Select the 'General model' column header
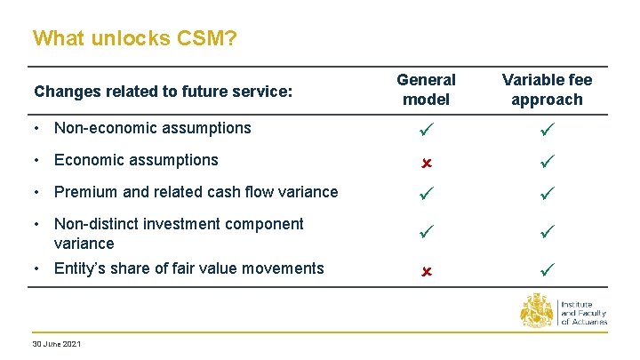coord(426,90)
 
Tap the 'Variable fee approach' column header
coord(547,90)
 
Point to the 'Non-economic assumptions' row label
coord(152,128)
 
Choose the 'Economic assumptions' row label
coord(135,160)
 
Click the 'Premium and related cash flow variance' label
coord(196,192)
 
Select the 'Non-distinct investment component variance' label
coord(178,233)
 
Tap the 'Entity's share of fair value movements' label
coord(188,268)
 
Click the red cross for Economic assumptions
coord(426,163)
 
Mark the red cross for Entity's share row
coord(426,269)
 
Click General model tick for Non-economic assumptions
coord(426,129)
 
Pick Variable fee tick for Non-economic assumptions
coord(547,129)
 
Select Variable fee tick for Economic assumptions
coord(547,161)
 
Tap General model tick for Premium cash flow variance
coord(426,193)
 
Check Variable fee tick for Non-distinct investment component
coord(547,233)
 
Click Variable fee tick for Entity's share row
coord(547,268)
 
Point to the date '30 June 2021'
coord(56,343)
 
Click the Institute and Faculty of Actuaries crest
coord(537,313)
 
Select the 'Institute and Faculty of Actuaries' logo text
coord(583,313)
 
